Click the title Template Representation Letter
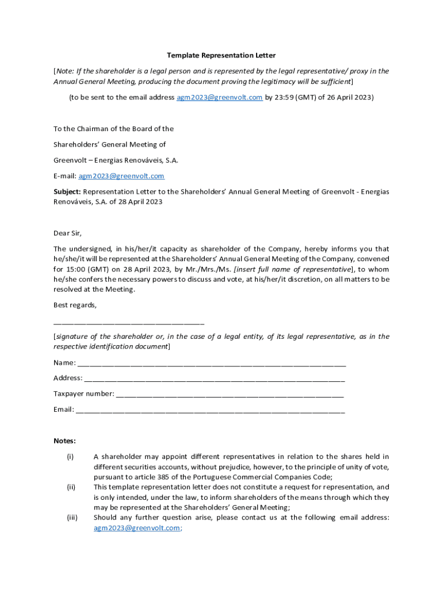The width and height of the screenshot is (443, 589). click(x=221, y=55)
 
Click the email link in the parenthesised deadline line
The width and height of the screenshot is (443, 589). click(x=219, y=97)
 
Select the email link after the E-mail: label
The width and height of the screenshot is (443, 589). click(x=121, y=175)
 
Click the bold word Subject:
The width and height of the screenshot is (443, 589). click(x=67, y=192)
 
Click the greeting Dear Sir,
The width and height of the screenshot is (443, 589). click(x=68, y=233)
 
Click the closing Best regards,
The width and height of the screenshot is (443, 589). click(x=75, y=305)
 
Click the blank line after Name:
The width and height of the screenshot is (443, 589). click(x=211, y=364)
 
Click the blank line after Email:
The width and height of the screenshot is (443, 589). click(x=210, y=410)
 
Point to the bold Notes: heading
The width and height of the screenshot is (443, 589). click(x=64, y=441)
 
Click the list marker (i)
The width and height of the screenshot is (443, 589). click(x=70, y=456)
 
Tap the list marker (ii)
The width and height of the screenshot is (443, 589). click(x=71, y=487)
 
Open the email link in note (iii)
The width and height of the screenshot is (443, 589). click(x=136, y=527)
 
